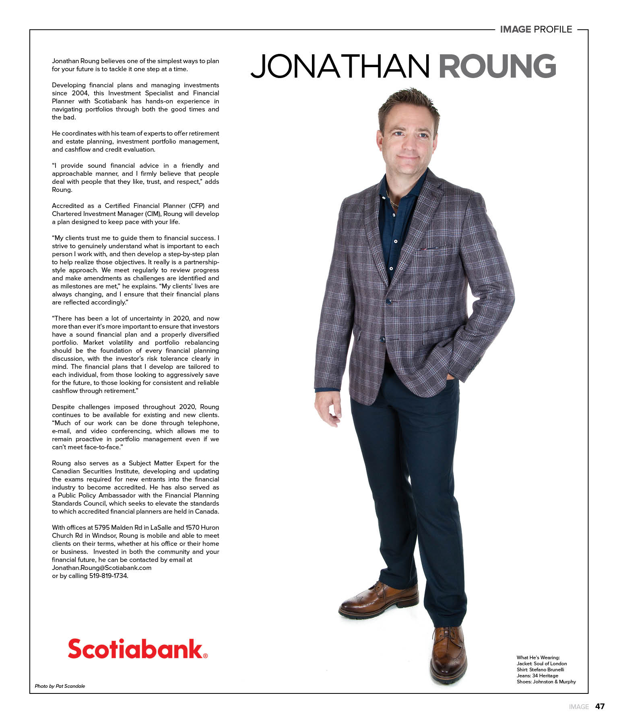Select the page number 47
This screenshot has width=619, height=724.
click(600, 707)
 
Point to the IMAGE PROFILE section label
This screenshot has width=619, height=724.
click(536, 29)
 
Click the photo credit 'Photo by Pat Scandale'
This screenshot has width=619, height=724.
click(60, 686)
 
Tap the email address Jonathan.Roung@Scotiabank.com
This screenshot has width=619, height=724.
click(102, 568)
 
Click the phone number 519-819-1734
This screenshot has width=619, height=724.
click(108, 576)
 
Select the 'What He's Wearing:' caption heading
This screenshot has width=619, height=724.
click(538, 658)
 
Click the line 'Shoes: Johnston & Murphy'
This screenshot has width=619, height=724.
click(546, 682)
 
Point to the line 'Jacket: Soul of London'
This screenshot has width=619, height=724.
click(542, 664)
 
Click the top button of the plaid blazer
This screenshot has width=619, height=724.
click(389, 301)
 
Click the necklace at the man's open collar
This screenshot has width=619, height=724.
click(392, 200)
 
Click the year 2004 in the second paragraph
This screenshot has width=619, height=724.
click(82, 93)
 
